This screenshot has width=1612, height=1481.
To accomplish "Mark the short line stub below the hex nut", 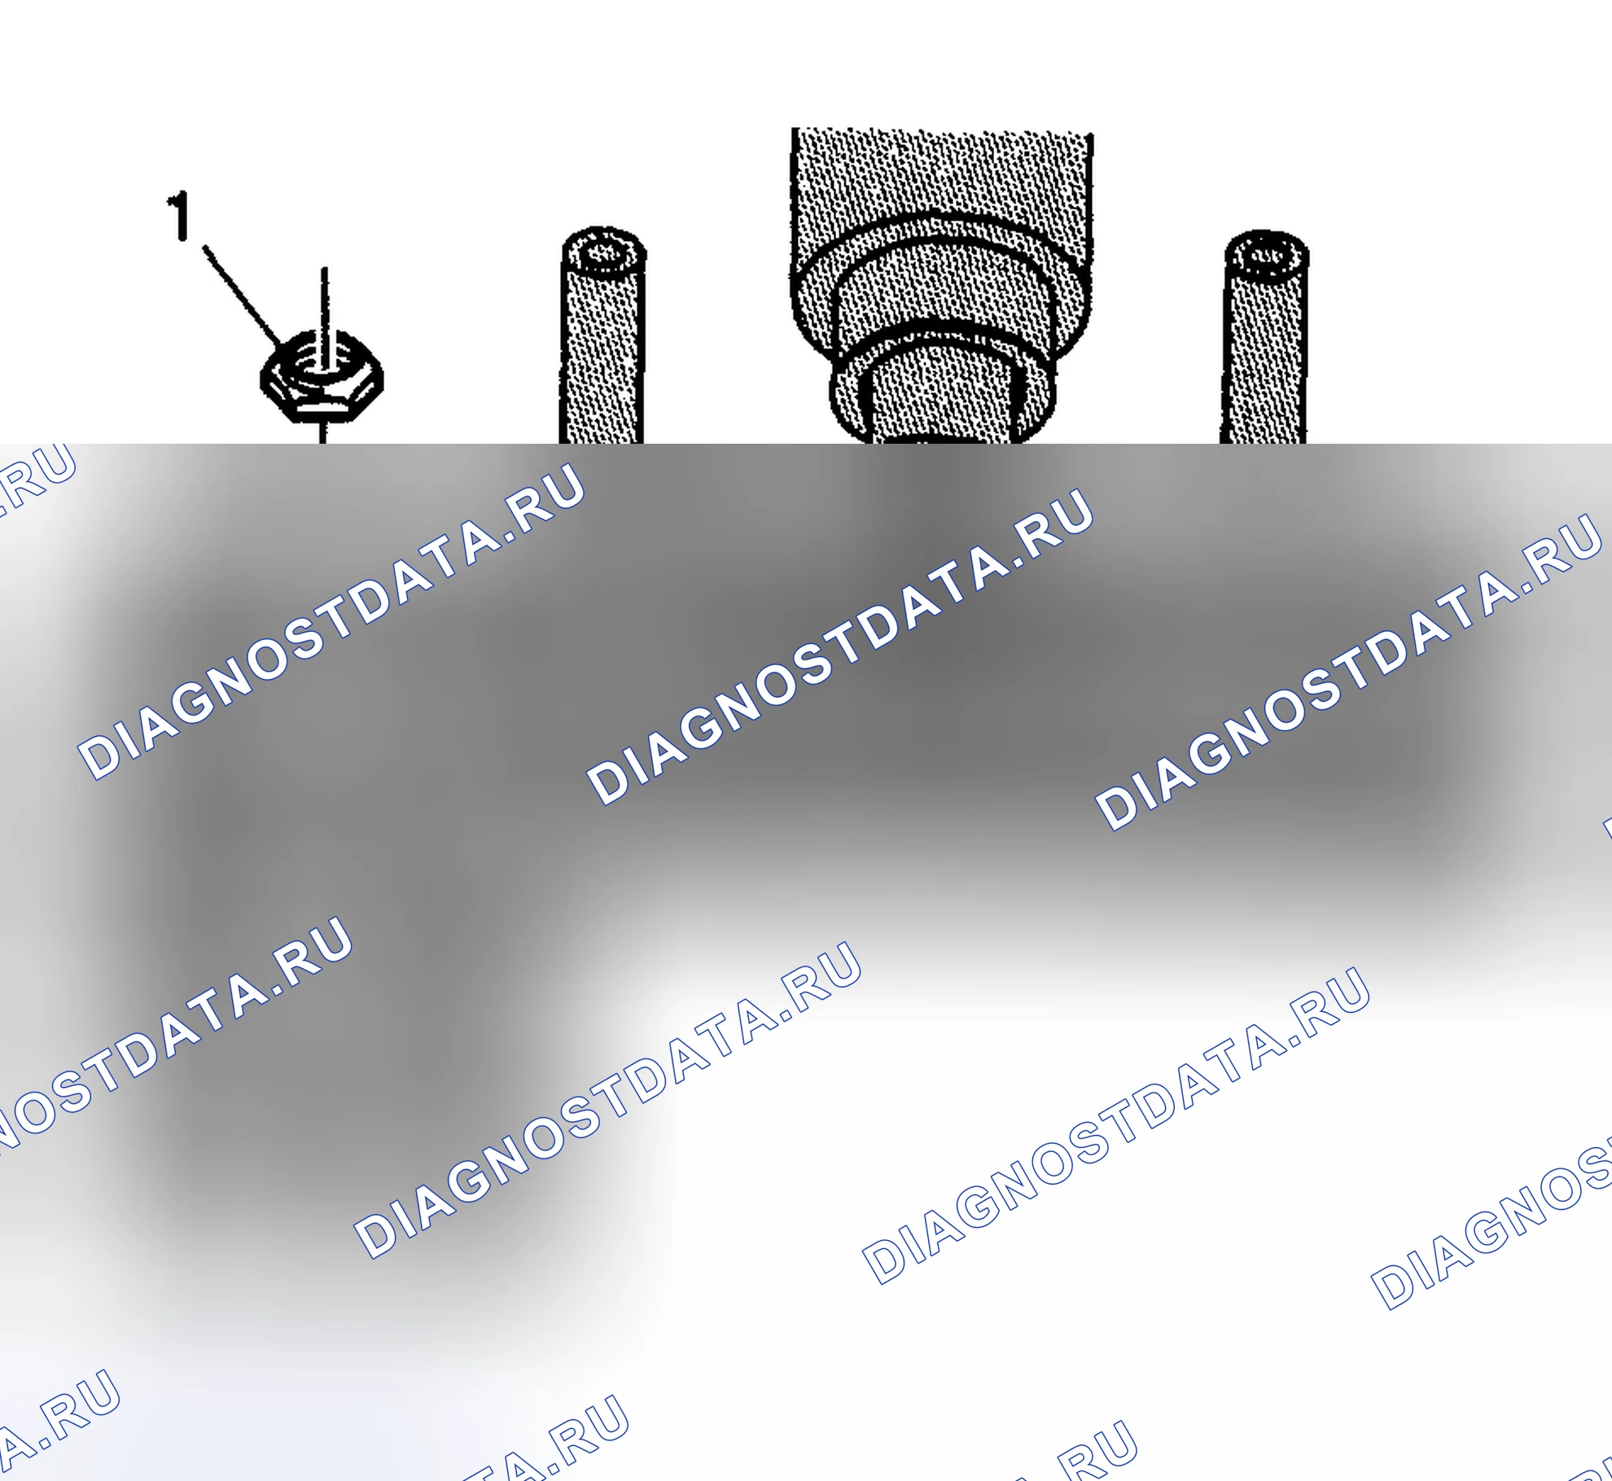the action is coord(323,432).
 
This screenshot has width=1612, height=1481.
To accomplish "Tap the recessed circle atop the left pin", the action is coord(603,252).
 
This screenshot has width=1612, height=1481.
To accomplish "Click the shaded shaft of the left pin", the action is coord(602,358).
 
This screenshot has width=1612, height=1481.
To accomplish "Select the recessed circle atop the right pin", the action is coord(1267,256).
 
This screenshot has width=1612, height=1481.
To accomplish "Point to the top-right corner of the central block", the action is coord(1092,135).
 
